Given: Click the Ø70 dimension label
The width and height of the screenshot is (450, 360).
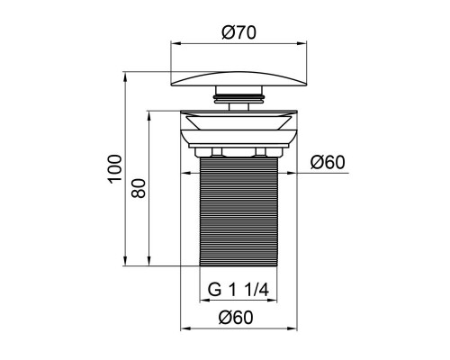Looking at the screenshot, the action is [x=239, y=32].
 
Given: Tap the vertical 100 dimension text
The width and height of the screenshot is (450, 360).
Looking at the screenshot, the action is [x=115, y=169].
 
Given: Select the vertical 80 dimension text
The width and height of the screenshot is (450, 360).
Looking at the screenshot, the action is [x=139, y=188].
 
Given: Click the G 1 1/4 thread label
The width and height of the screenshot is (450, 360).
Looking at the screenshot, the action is [x=238, y=290].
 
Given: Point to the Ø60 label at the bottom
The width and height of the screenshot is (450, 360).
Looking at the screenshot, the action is [x=236, y=317].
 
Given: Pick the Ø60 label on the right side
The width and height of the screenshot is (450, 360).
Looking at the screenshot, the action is [x=328, y=162].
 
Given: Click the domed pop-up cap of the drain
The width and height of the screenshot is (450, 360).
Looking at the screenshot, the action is [x=238, y=79].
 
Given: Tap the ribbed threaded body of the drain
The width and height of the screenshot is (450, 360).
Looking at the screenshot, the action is [x=238, y=211].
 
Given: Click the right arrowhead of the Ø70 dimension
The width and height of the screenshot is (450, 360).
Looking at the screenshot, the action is [x=302, y=43].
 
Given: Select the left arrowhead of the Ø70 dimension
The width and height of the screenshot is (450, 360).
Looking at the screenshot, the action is [x=175, y=43].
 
